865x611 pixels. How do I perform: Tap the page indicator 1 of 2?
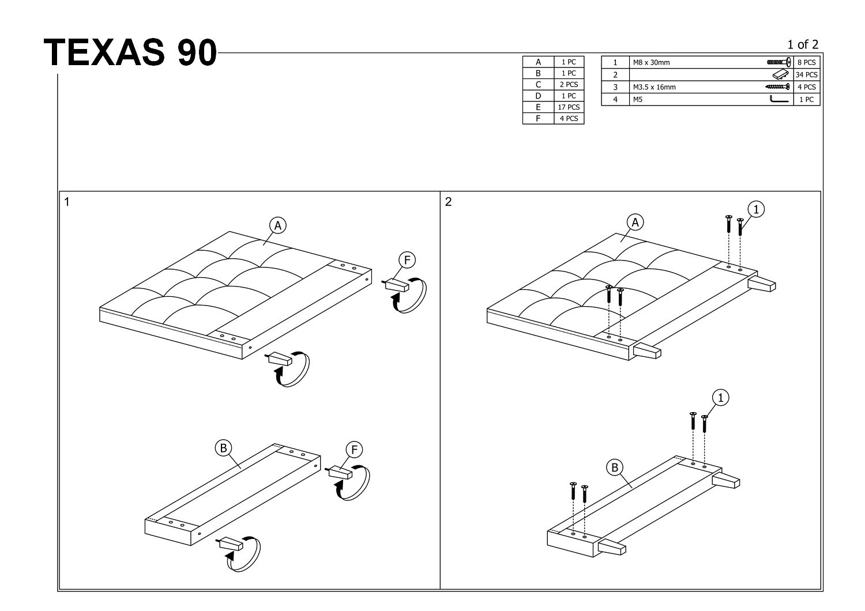(803, 44)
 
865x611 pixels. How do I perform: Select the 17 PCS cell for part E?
(569, 107)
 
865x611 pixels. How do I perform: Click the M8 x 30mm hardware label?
(652, 62)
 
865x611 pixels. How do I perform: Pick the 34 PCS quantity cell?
(806, 74)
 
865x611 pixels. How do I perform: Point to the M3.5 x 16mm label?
(655, 87)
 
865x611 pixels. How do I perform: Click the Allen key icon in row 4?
(779, 99)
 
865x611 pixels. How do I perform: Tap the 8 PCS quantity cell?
(806, 62)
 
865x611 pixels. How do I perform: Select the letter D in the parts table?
(538, 96)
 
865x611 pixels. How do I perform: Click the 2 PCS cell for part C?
(569, 84)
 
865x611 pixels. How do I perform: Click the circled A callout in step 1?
(277, 225)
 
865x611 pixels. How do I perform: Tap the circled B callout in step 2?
(615, 467)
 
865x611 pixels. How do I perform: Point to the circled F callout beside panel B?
(354, 450)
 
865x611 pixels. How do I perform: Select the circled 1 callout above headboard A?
(756, 209)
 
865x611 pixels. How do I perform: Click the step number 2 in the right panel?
(448, 202)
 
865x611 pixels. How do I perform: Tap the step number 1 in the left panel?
(67, 202)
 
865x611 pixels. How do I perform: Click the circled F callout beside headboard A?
(407, 260)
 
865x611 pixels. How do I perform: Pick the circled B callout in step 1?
(223, 448)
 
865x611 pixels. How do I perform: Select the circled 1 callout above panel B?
(721, 398)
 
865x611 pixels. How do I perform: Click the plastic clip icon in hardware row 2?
(780, 74)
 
